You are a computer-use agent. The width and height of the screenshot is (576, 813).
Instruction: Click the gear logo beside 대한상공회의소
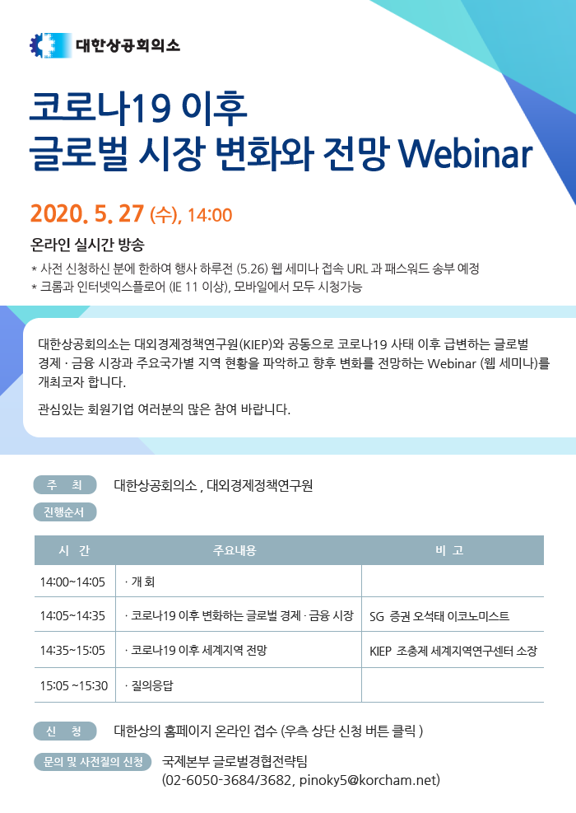click(x=50, y=45)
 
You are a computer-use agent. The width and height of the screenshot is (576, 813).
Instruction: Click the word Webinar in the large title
click(x=465, y=153)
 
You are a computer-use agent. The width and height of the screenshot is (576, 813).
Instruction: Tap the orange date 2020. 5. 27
click(x=86, y=213)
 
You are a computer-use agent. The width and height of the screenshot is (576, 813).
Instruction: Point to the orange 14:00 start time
click(x=210, y=215)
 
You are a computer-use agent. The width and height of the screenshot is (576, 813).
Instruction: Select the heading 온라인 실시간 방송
click(x=87, y=244)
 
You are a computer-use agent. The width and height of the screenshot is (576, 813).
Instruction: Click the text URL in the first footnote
click(x=357, y=269)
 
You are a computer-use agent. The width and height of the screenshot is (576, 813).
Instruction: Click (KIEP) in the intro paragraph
click(x=256, y=344)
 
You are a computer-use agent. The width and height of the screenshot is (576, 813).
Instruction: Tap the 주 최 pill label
click(x=65, y=485)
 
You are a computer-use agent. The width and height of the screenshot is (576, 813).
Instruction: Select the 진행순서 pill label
click(x=65, y=512)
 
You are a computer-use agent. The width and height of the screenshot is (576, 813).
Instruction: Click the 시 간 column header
click(x=75, y=550)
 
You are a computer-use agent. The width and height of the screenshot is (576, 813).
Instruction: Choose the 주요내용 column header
click(x=235, y=550)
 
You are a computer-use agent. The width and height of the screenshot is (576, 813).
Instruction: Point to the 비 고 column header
click(x=449, y=550)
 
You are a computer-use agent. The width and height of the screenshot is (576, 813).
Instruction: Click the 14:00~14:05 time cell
click(x=72, y=582)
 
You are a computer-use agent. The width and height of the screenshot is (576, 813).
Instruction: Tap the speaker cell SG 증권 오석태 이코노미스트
click(x=439, y=616)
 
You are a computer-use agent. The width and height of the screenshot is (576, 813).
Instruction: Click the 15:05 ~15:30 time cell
click(x=73, y=685)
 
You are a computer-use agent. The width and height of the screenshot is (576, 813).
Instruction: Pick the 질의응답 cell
click(x=149, y=685)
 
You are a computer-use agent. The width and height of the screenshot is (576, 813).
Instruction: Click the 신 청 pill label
click(x=65, y=731)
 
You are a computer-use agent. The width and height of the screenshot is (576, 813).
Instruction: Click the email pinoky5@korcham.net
click(x=369, y=780)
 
